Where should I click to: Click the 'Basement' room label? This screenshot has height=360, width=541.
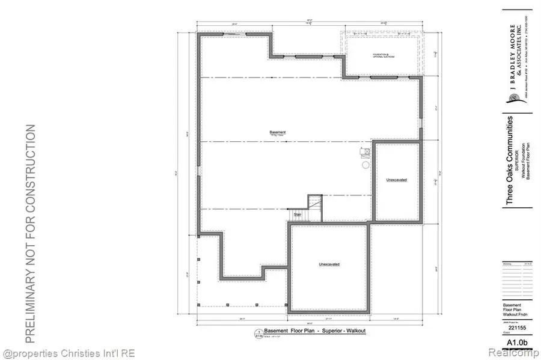click(277, 132)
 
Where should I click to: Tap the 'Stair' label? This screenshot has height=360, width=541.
click(297, 213)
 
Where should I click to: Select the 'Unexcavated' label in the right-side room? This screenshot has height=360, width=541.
click(397, 180)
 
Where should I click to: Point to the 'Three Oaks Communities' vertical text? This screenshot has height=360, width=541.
click(509, 160)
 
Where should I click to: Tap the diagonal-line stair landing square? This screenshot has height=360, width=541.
click(316, 203)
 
